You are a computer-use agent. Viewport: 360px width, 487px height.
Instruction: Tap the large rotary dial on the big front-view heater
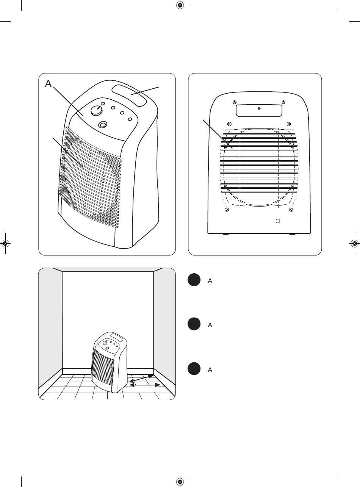click(96, 110)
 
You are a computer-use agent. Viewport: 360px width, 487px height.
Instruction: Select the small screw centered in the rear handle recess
click(259, 109)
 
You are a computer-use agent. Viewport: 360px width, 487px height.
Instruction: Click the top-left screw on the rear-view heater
click(235, 102)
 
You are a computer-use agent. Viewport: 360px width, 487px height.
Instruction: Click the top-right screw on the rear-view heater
click(283, 102)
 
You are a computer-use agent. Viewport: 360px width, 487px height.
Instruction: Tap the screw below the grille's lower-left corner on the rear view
click(227, 210)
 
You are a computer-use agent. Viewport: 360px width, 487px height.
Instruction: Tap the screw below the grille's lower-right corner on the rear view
click(291, 210)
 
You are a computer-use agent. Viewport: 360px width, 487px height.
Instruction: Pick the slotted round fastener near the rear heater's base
click(278, 221)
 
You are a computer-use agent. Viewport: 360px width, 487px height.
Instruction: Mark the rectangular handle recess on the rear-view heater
click(259, 110)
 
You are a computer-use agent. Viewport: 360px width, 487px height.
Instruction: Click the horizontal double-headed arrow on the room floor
click(145, 385)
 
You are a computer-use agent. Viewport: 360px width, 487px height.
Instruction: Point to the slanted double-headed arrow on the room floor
click(141, 379)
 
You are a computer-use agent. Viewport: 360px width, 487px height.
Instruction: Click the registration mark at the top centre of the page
click(180, 5)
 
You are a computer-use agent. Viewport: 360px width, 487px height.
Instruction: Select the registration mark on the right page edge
click(354, 244)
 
